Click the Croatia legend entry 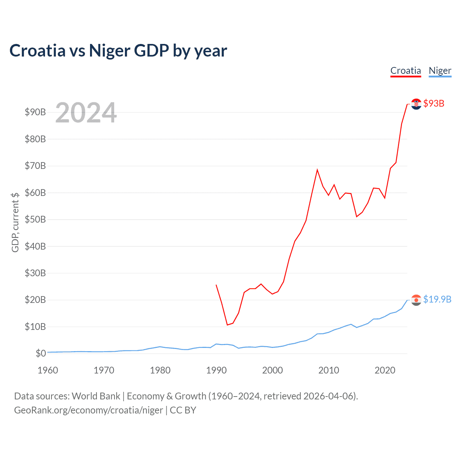coord(406,71)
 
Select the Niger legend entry coord(440,71)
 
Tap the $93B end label coord(434,103)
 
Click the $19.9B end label coord(437,299)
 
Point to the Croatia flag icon coord(416,104)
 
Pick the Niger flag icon coord(416,300)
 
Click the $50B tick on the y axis coord(35,219)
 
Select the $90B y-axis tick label coord(35,112)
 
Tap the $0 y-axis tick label coord(41,353)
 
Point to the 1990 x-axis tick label coord(216,370)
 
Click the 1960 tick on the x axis coord(48,370)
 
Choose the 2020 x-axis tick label coord(385,370)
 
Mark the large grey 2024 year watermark coord(86,113)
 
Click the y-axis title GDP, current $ coord(15,222)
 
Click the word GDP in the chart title coord(151,50)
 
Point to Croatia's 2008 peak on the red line coord(317,170)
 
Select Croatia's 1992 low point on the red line coord(227,325)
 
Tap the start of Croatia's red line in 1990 coord(216,285)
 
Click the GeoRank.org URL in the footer coord(88,410)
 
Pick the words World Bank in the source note coord(96,396)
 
